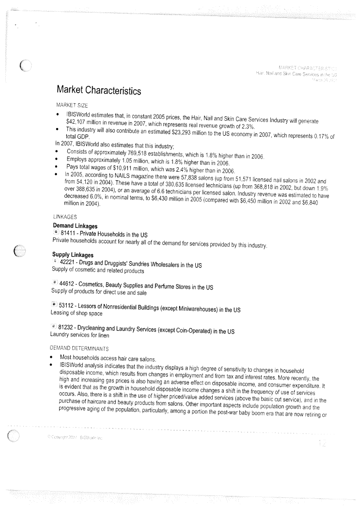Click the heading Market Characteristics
pos(99,90)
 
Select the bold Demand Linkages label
pos(75,226)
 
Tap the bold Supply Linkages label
pos(73,255)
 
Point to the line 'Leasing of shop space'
pos(76,313)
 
